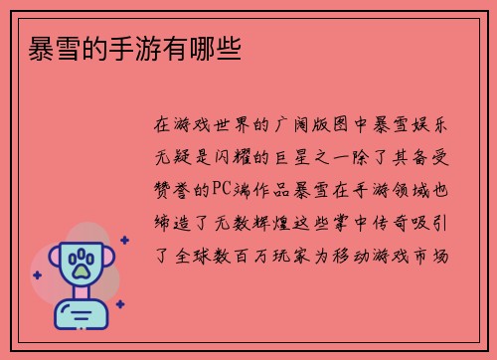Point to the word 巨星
(x=295, y=157)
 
